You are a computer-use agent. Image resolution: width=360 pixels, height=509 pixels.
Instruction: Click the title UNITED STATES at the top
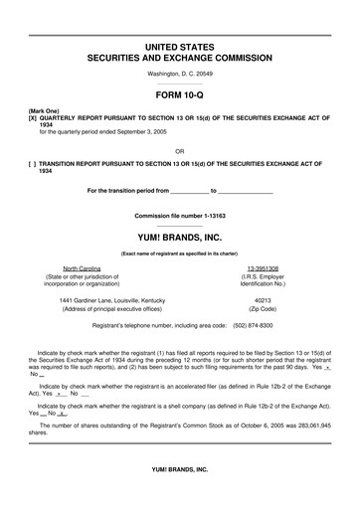(179, 47)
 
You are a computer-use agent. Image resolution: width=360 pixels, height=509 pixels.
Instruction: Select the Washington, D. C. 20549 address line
(179, 74)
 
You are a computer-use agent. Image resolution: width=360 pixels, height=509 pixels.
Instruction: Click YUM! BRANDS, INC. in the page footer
(179, 494)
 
